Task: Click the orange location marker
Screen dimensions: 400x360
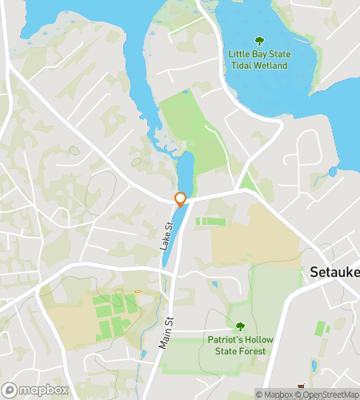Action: [181, 200]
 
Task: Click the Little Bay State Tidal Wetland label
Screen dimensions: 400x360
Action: [258, 59]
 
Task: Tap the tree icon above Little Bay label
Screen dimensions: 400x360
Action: [258, 41]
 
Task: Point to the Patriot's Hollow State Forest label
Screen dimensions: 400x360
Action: [239, 346]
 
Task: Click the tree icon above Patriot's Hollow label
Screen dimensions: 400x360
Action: [239, 326]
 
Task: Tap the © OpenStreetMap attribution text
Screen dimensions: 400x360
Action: [326, 394]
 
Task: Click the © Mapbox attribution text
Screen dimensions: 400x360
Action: [274, 394]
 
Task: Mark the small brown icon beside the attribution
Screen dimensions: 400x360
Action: [302, 386]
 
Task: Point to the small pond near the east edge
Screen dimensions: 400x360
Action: [333, 171]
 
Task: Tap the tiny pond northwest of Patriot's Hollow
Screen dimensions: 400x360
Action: [214, 284]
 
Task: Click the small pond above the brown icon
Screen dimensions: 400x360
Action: [313, 366]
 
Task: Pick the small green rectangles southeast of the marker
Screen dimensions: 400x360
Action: [210, 221]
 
